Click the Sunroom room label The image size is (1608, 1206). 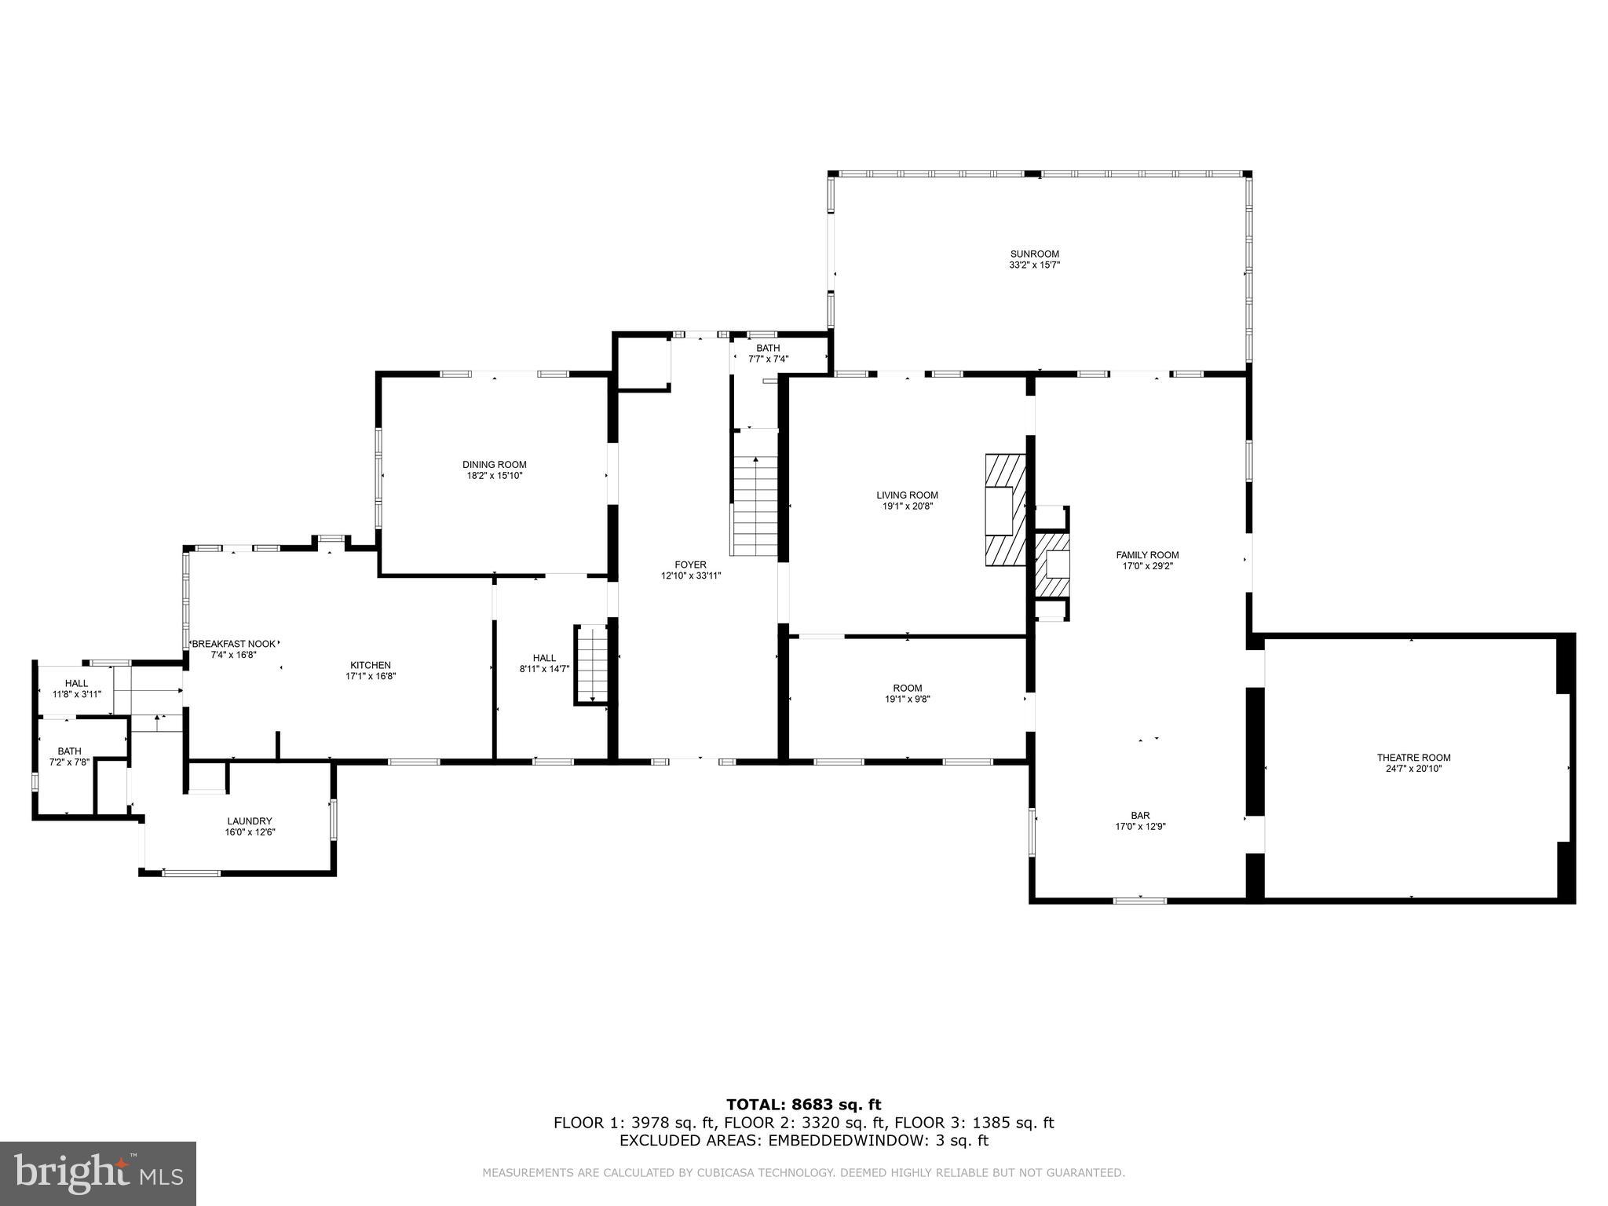(x=1034, y=254)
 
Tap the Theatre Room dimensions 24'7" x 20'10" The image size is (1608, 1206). (x=1413, y=769)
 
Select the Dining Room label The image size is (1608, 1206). (x=494, y=464)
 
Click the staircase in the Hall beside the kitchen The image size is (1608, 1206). (x=592, y=663)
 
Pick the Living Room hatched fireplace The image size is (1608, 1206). (x=1006, y=510)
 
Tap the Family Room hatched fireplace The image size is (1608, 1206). (x=1052, y=565)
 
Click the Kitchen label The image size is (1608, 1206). (x=370, y=665)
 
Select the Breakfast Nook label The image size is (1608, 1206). (x=234, y=644)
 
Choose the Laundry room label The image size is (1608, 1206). (x=250, y=821)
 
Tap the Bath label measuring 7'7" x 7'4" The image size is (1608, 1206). (x=768, y=348)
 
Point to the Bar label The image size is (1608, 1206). (x=1140, y=815)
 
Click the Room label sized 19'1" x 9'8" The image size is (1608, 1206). (x=907, y=688)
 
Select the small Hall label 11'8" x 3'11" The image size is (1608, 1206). (x=76, y=683)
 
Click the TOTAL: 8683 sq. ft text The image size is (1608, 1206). (x=803, y=1105)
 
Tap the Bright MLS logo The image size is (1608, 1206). (x=98, y=1173)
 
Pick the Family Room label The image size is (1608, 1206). (x=1147, y=555)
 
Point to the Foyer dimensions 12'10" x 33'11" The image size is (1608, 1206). (x=690, y=576)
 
